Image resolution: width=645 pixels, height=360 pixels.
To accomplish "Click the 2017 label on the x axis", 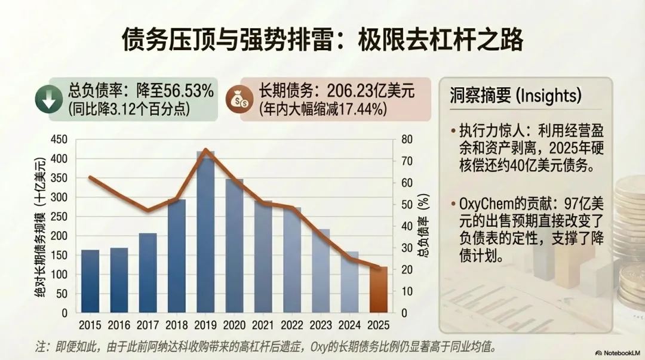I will coord(148,325).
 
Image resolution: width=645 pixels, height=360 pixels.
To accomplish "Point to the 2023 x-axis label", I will coord(321,325).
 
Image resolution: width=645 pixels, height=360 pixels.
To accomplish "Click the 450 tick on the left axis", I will coord(61,139).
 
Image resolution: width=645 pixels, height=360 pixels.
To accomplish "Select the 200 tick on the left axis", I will coord(61,236).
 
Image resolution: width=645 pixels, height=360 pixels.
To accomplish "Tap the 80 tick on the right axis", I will coord(406,139).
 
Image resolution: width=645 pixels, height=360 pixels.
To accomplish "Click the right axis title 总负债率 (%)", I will coord(423,224).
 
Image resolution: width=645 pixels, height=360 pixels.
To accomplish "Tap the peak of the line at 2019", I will coord(205,150).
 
